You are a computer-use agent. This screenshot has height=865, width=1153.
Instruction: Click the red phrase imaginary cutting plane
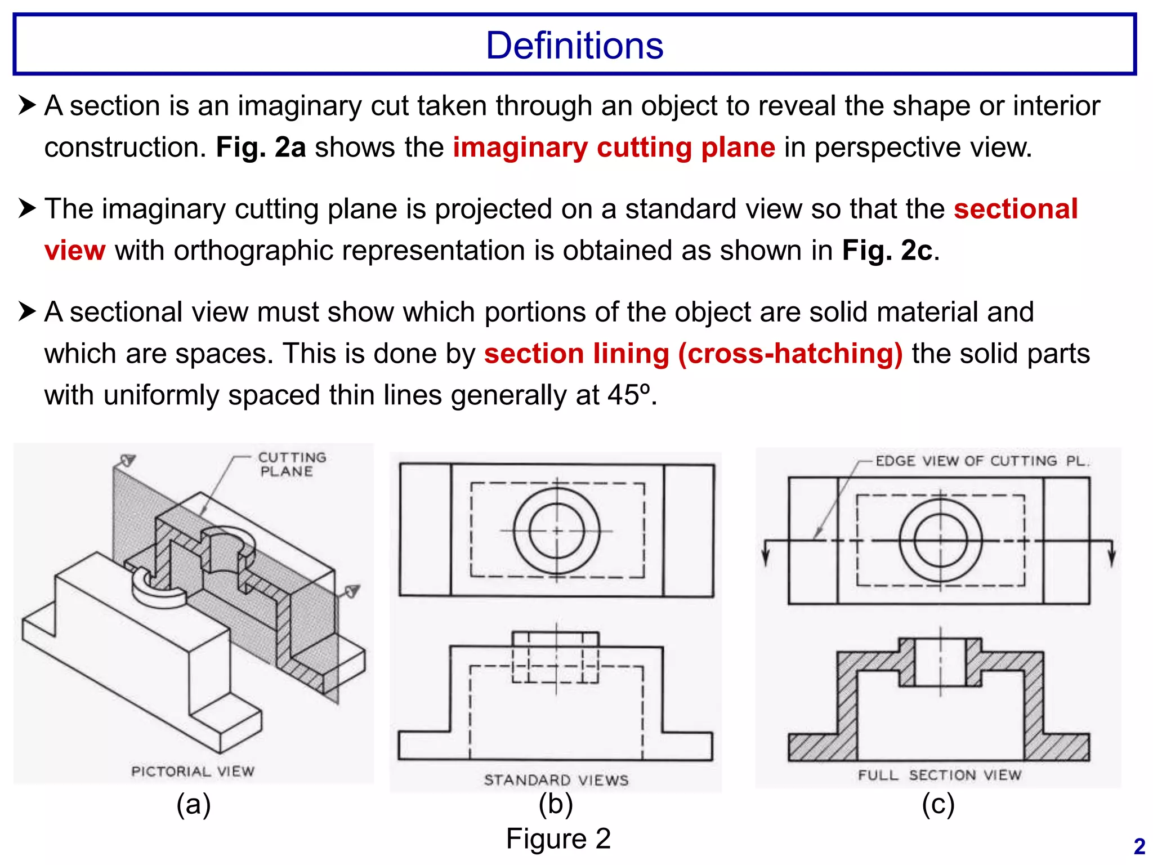614,148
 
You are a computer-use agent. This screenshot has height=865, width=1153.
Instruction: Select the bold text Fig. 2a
261,148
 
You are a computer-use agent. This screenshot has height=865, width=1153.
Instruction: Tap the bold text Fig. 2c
887,251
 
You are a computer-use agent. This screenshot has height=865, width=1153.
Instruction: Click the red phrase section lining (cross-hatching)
693,354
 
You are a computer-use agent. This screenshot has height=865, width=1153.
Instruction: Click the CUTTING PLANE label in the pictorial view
291,464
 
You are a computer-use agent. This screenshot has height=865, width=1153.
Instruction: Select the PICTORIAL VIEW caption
193,771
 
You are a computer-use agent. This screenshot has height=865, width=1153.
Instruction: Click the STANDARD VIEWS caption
556,780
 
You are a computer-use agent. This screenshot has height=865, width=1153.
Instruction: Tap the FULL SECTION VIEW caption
939,775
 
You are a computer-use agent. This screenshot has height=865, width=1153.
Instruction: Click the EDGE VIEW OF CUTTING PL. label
982,461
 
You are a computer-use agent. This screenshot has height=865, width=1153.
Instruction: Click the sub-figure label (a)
193,804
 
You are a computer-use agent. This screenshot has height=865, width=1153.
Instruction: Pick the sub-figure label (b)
555,804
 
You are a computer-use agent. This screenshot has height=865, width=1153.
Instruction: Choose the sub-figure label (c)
938,804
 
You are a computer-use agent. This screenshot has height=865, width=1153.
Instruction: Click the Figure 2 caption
558,839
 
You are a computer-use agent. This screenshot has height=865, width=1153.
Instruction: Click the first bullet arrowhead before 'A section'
27,105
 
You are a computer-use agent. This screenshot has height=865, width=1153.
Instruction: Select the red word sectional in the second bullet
1016,209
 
